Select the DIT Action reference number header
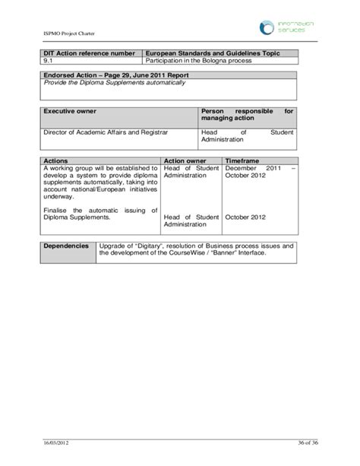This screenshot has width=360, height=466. click(x=90, y=52)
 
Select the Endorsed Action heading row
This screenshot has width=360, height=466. click(x=115, y=75)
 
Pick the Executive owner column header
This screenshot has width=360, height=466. click(x=69, y=111)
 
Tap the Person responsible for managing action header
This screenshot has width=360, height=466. click(x=247, y=115)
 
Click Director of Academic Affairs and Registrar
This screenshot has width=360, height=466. click(x=106, y=132)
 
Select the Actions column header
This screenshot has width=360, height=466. click(x=56, y=161)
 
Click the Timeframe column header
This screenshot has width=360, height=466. click(x=242, y=161)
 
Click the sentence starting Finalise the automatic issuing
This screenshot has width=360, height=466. click(x=99, y=214)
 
